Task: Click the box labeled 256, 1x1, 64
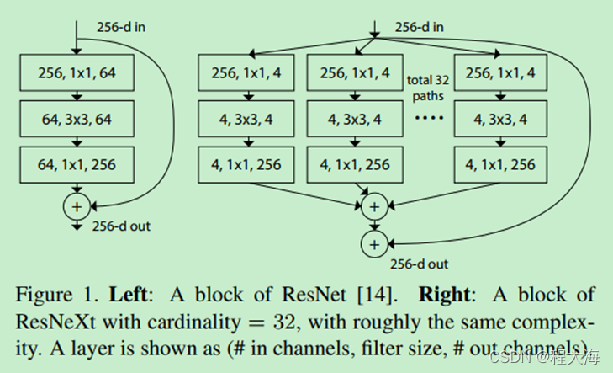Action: tap(77, 72)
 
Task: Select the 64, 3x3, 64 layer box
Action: tap(77, 119)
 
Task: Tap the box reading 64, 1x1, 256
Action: tap(77, 165)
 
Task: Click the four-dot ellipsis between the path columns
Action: tap(429, 117)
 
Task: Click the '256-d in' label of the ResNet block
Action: tap(121, 28)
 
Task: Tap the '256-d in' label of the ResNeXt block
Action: tap(419, 28)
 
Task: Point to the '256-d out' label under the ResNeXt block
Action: tap(419, 264)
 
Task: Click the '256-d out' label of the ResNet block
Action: tap(121, 226)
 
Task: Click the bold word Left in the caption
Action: tap(128, 295)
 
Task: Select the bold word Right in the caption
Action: tap(445, 295)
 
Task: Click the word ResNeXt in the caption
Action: tap(55, 322)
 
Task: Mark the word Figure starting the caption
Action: tap(44, 296)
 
